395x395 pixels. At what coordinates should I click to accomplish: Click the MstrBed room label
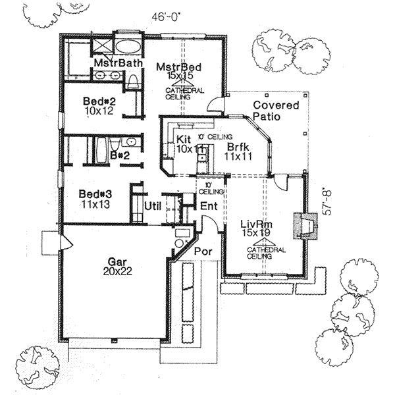click(x=178, y=67)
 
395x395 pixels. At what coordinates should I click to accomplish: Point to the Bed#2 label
click(x=99, y=101)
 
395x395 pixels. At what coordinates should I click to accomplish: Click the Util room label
click(x=153, y=206)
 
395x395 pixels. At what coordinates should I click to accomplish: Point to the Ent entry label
click(x=209, y=206)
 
